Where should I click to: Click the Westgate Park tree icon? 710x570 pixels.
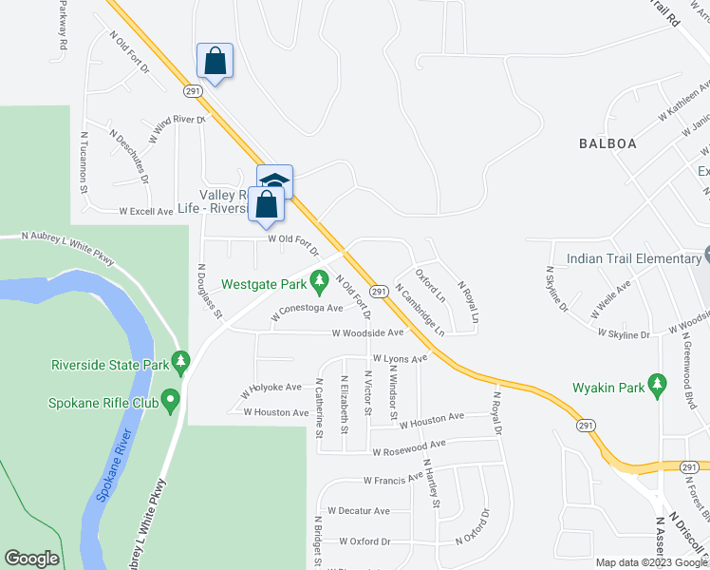click(320, 283)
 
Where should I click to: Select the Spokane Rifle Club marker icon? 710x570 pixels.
click(171, 402)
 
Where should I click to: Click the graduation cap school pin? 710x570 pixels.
click(275, 180)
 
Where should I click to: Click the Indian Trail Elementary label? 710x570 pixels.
click(633, 258)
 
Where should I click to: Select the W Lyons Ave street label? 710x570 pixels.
click(400, 358)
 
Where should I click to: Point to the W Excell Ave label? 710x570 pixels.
click(145, 211)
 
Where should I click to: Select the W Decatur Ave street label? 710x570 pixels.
click(359, 510)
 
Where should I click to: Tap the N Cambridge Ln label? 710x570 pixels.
click(420, 310)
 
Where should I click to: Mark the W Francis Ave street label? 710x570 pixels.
click(386, 479)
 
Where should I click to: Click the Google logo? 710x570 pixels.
click(31, 559)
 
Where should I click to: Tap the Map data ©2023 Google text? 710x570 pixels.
click(650, 562)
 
